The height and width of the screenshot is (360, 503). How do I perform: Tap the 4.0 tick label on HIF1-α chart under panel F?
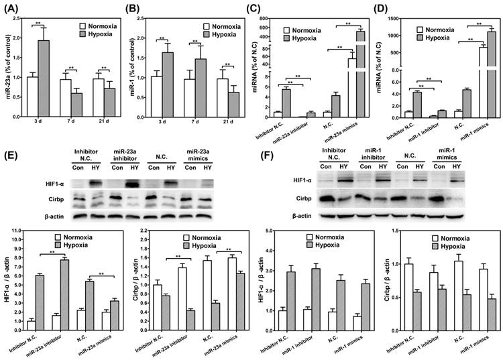coord(279,231)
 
